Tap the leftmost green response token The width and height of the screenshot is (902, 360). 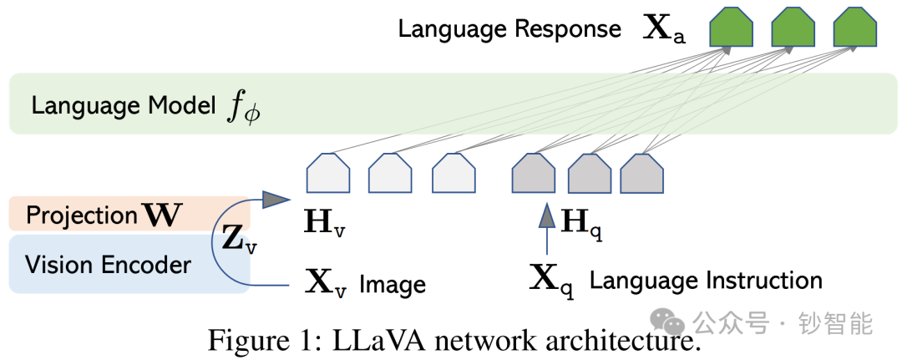tap(731, 28)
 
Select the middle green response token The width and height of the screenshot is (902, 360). tap(793, 28)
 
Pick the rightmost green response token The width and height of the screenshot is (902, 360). tap(855, 28)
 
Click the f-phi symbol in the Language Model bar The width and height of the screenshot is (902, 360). tap(243, 108)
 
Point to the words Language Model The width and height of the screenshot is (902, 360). tap(124, 106)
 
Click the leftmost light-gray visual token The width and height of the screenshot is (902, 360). tap(328, 173)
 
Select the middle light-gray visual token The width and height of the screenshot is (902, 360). tap(390, 173)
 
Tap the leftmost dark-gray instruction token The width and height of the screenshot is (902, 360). tap(534, 173)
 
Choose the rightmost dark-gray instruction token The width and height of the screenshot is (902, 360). tap(642, 173)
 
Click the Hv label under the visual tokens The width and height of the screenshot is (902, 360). tap(324, 224)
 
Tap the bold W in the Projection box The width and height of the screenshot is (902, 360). tap(162, 215)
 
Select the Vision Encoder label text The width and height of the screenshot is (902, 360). tap(108, 265)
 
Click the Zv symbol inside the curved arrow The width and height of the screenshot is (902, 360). tap(240, 240)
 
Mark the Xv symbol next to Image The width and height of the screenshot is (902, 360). tap(326, 284)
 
